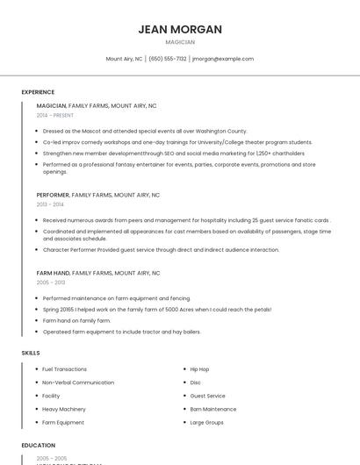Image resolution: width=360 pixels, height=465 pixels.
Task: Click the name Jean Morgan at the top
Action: point(180,29)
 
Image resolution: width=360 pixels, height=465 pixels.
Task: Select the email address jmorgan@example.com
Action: point(222,59)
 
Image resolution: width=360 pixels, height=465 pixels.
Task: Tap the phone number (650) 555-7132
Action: point(168,59)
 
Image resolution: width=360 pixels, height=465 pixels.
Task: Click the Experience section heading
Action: point(38,92)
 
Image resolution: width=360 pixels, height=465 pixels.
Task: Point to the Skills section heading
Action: point(31,352)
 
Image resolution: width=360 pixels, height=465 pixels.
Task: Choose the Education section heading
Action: point(39,445)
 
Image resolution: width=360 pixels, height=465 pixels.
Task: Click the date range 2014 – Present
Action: point(55,115)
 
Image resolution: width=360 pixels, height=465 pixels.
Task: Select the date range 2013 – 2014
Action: point(50,204)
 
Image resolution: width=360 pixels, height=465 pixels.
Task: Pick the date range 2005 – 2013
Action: point(51,283)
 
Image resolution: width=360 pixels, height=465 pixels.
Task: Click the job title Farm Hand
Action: point(53,273)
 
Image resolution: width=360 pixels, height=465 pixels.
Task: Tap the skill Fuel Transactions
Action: point(64,369)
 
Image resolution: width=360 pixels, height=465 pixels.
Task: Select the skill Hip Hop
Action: point(199,369)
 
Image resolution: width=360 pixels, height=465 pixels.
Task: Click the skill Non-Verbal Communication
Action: point(78,383)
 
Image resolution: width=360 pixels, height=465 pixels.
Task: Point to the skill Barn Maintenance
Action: point(213,409)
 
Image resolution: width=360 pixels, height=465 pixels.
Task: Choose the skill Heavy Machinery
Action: point(64,409)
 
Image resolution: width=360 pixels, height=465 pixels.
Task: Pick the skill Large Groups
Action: point(206,422)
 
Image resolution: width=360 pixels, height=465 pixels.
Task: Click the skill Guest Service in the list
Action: point(207,396)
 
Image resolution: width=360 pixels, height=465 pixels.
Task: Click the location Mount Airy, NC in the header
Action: point(124,59)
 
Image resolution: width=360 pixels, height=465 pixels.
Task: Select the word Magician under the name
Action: point(180,42)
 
